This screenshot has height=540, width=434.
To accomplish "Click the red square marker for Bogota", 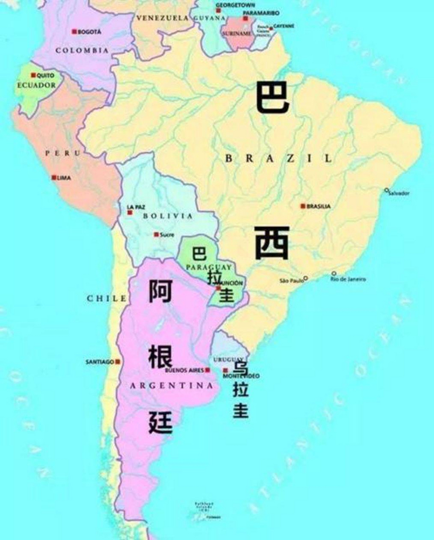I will tap(74, 32).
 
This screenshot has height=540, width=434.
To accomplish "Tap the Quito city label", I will tap(45, 76).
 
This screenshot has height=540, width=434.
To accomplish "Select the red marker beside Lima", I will tap(54, 178).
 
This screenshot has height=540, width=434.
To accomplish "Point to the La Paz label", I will tap(136, 207).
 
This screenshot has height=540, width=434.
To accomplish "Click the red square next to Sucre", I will tap(156, 235).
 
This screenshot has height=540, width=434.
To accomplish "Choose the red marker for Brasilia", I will tap(302, 206).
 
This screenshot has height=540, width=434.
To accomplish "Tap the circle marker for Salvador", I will tap(386, 190).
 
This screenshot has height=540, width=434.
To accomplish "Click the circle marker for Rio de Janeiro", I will tap(334, 273).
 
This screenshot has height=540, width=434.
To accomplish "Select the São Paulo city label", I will tap(291, 280).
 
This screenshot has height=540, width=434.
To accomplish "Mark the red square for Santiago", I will tap(118, 362).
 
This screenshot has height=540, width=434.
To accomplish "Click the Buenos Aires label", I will tap(184, 370).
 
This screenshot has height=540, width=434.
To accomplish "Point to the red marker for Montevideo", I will tap(225, 370).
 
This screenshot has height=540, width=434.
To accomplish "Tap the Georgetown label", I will tap(235, 5).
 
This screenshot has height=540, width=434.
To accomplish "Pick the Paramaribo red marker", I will tap(245, 19).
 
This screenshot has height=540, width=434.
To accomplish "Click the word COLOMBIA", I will tap(82, 50).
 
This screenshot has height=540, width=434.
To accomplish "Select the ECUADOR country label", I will tap(36, 85).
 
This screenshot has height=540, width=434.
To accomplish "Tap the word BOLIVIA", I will tap(168, 216).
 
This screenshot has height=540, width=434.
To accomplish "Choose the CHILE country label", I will tap(106, 298).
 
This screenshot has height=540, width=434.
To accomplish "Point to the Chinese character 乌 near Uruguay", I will tap(241, 366).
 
